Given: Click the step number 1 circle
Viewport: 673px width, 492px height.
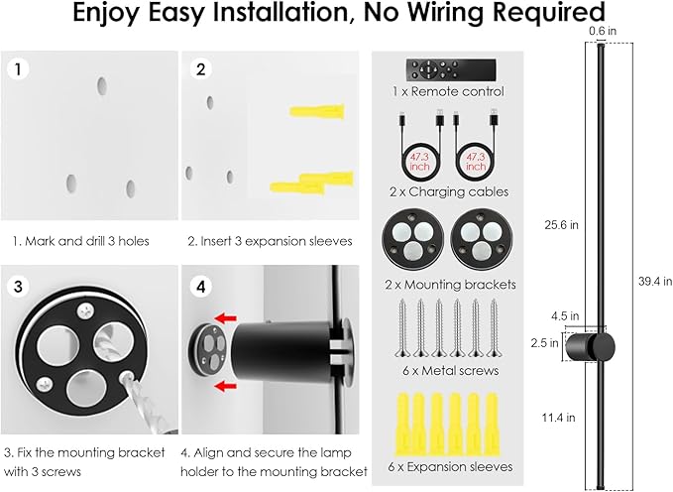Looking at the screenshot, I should click(17, 69).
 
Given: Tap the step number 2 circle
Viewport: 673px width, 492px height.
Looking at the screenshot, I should click(201, 69).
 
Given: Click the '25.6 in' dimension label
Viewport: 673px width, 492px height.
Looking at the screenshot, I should click(560, 224).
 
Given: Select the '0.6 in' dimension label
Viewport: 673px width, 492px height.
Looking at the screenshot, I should click(596, 31).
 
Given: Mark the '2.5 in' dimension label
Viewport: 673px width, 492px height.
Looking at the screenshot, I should click(537, 342).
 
